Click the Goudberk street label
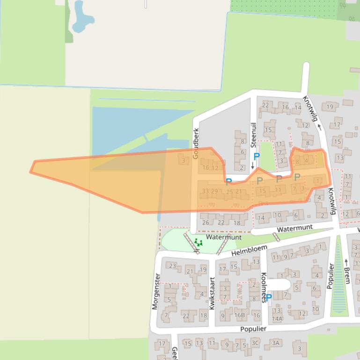click(196, 143)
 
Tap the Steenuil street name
click(254, 135)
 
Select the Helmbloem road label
click(249, 250)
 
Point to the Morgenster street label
click(156, 291)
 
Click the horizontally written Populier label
click(253, 329)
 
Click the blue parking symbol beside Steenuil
click(256, 157)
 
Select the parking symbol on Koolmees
click(269, 297)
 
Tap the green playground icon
click(198, 243)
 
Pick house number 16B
click(240, 316)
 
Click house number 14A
click(277, 319)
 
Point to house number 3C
click(255, 343)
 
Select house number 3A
click(275, 343)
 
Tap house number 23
click(173, 266)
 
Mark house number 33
click(205, 191)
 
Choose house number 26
click(206, 223)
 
